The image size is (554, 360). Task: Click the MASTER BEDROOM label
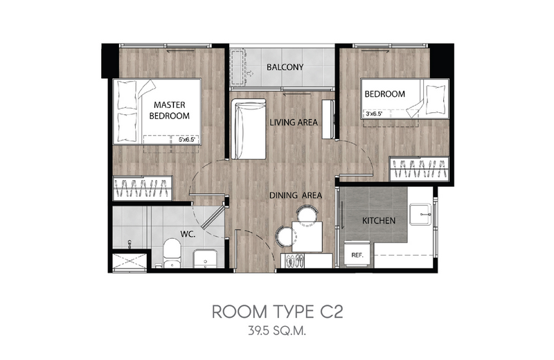tap(169, 110)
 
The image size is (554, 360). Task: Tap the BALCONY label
tap(285, 67)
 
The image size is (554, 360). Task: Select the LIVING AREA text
tap(294, 123)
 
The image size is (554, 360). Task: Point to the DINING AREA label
tap(296, 195)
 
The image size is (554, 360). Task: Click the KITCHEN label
tap(379, 221)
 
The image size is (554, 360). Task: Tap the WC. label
tap(188, 234)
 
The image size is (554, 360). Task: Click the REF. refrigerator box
tap(357, 254)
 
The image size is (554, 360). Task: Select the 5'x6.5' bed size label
tap(186, 140)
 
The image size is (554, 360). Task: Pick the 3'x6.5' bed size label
tap(373, 114)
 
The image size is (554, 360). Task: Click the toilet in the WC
tap(172, 253)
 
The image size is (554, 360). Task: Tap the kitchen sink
tap(420, 214)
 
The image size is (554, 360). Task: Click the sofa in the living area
tap(249, 129)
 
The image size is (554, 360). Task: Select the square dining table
tap(307, 236)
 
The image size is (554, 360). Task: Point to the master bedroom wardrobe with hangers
tap(143, 188)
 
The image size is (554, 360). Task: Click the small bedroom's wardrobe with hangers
tap(419, 168)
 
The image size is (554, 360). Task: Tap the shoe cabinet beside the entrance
tap(306, 261)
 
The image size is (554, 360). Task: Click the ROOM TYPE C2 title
tap(278, 312)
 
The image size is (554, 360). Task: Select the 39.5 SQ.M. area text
tap(277, 332)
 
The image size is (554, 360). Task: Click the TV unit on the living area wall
tap(328, 119)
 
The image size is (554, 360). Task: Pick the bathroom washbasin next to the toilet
tap(205, 258)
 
